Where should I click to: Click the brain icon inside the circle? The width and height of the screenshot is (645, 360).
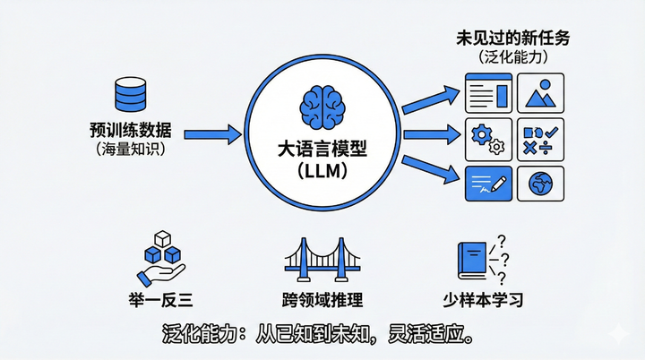tap(323, 104)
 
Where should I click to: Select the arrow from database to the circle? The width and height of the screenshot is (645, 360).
tap(212, 135)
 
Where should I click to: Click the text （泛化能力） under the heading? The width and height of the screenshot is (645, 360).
tap(513, 58)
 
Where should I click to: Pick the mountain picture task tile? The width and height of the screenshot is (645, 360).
tap(540, 93)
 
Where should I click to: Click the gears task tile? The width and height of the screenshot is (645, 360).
tap(488, 138)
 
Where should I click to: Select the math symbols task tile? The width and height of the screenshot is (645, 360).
tap(540, 138)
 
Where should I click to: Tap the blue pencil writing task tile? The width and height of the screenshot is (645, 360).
tap(488, 183)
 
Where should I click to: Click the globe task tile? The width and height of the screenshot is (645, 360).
tap(540, 183)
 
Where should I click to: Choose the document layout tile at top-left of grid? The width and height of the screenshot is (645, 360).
tap(488, 93)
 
